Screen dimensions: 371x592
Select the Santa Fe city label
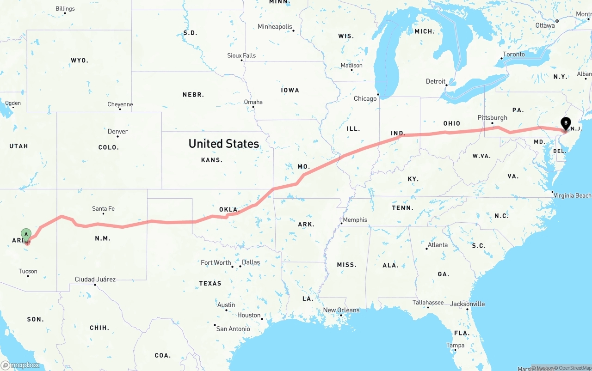(103, 209)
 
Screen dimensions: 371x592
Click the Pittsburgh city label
(492, 118)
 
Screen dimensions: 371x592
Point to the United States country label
(223, 144)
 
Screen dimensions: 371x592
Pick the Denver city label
(117, 132)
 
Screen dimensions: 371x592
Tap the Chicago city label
(365, 98)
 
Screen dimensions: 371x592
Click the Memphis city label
(355, 220)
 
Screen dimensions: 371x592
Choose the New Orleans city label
(341, 310)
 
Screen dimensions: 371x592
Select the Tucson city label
(28, 271)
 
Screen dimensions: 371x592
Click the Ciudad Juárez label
(95, 280)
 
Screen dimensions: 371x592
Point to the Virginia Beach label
(573, 195)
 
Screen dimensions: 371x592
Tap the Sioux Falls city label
(241, 55)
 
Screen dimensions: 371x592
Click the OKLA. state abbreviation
(229, 210)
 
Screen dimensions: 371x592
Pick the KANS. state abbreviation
(212, 160)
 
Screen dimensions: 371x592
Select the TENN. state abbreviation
(403, 208)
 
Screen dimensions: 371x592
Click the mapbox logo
(20, 365)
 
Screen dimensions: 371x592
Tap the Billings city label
(65, 9)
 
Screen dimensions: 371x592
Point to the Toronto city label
(513, 55)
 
